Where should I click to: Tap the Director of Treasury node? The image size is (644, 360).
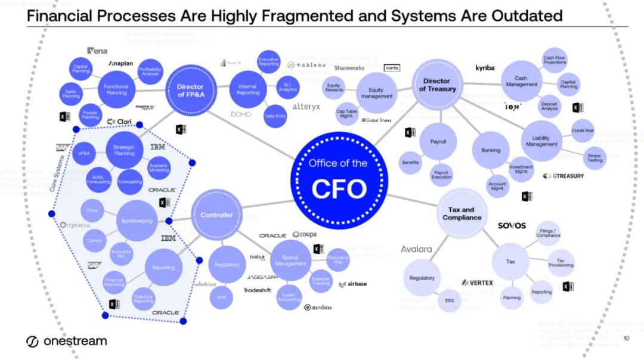(x=437, y=85)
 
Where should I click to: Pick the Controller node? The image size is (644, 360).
(x=216, y=215)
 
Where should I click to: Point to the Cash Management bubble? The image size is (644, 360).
(x=521, y=81)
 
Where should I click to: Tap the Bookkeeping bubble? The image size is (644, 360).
(x=137, y=221)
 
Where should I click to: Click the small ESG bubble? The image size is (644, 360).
(x=450, y=300)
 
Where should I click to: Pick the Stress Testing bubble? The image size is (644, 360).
(x=595, y=157)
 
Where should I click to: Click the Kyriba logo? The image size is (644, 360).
(x=485, y=68)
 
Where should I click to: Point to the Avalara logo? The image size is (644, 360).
(x=416, y=249)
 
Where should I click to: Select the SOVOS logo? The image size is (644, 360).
(x=512, y=226)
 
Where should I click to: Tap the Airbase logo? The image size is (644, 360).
(x=353, y=284)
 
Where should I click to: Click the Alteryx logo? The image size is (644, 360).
(x=306, y=107)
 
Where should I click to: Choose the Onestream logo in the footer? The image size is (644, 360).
(x=67, y=341)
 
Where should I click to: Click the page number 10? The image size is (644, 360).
(x=626, y=339)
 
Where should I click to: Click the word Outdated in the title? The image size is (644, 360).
(x=527, y=15)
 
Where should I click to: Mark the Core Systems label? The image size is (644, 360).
(x=58, y=170)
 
